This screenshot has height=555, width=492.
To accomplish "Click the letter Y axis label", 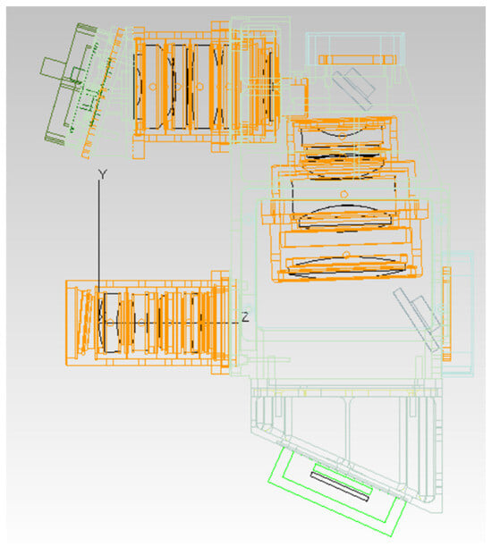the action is pos(102,174).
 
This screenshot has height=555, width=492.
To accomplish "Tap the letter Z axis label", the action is pos(245,316).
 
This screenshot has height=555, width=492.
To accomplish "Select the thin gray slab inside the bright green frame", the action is pos(339,486).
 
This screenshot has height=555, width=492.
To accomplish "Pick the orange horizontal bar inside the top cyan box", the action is pos(357,60).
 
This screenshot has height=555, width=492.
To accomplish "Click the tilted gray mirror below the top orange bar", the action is pos(353,88).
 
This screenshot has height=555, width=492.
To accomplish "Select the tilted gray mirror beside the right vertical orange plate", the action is pos(418,318).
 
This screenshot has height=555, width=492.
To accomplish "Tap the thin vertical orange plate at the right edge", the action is pos(446,314).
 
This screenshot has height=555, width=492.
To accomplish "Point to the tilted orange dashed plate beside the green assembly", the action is pos(102,94).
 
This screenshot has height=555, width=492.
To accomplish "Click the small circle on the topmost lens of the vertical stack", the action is pos(342,136).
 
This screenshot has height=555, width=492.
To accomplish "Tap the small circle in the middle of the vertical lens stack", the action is pos(344,194).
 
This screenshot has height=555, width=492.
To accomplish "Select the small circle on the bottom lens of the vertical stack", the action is pos(347,255).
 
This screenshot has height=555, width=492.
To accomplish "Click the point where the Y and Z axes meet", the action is pos(98,323).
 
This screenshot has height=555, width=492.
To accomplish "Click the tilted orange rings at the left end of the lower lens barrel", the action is pos(84,321).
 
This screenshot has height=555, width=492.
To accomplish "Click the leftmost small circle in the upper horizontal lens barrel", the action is pos(153,86).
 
